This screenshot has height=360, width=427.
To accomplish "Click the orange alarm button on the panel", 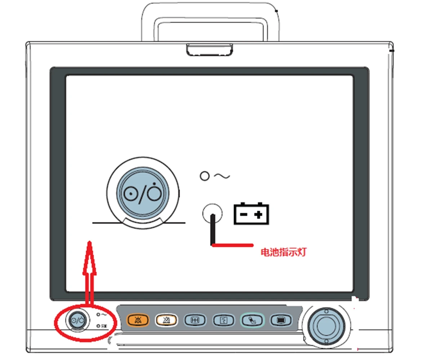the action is click(137, 319).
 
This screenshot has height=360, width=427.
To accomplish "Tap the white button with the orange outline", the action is click(166, 319).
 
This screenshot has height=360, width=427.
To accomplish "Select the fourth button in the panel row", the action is click(223, 319).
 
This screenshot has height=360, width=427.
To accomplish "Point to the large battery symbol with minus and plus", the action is click(252, 214).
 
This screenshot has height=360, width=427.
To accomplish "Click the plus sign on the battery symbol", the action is click(258, 215).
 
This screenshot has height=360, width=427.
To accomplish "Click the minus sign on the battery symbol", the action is click(244, 215).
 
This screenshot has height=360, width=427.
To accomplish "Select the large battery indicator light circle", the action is click(212, 214).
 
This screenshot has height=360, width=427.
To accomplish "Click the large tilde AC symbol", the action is click(222, 176).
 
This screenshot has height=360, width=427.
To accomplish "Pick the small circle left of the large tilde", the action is click(204, 176).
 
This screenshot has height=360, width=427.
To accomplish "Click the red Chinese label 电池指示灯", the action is click(283, 252).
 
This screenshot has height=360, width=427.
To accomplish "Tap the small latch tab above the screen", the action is click(209, 49).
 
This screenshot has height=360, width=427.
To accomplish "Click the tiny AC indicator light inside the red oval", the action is click(98, 314).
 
